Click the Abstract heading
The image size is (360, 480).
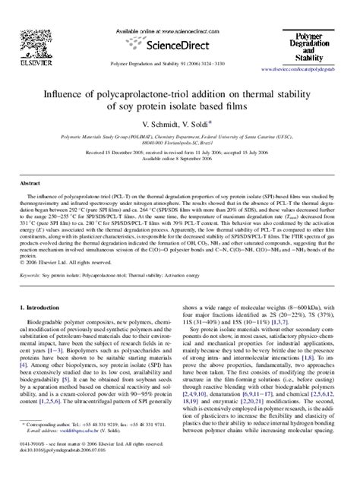point(30,205)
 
